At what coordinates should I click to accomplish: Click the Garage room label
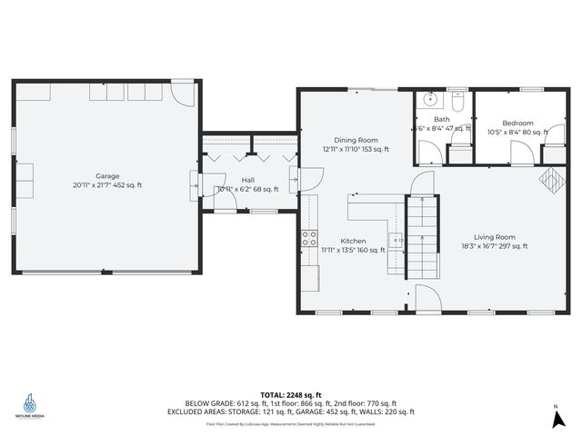tap(107, 175)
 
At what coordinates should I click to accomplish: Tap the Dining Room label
tap(356, 140)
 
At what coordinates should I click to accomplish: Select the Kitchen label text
tap(354, 241)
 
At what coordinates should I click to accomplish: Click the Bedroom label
tap(517, 124)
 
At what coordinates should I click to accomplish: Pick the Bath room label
tap(441, 119)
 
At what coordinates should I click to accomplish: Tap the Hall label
tap(247, 180)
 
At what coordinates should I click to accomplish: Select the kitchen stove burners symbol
tap(309, 239)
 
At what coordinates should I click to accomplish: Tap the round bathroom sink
tap(428, 99)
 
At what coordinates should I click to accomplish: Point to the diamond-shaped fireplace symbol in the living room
tap(551, 180)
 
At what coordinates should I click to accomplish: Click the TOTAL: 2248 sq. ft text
tap(291, 395)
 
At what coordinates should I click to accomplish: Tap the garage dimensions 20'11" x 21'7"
tap(107, 185)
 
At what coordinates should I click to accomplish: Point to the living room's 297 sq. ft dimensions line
tap(494, 246)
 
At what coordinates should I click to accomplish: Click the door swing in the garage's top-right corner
tap(183, 94)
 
